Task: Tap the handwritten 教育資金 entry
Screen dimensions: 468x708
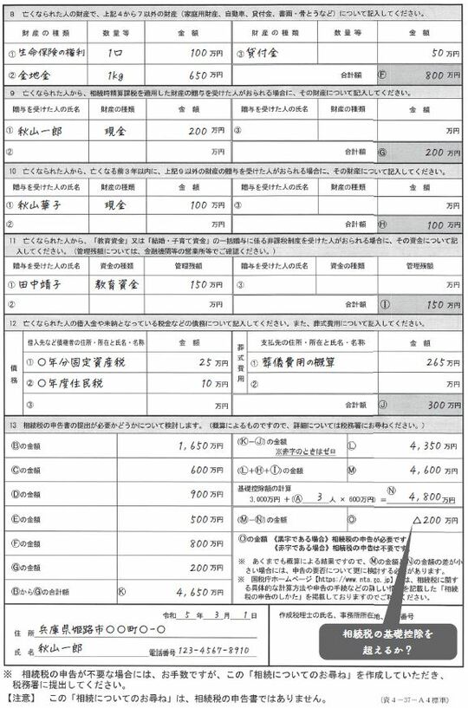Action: click(119, 283)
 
